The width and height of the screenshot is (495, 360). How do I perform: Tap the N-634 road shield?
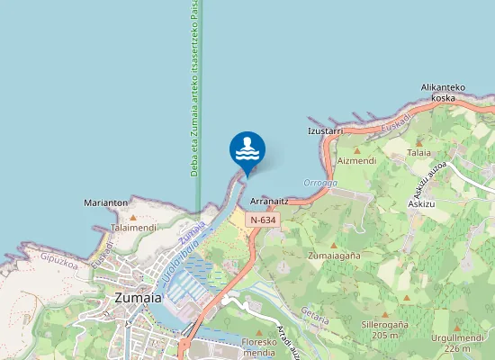(x=263, y=220)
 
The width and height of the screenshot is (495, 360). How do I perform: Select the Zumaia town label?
(x=138, y=297)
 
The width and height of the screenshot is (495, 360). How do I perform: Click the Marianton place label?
(x=105, y=203)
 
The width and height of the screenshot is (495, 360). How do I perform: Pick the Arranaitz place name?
(x=268, y=202)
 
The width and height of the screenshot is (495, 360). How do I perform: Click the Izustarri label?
(x=326, y=130)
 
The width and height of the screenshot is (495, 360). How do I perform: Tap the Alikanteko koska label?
(x=443, y=93)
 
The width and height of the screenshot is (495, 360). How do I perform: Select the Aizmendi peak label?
(x=356, y=160)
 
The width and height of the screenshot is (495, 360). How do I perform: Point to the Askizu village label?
(x=421, y=204)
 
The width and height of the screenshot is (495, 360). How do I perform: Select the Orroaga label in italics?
(x=319, y=183)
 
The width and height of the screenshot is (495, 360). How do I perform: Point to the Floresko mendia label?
(x=259, y=347)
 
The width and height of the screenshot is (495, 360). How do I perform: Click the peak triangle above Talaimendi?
(x=133, y=218)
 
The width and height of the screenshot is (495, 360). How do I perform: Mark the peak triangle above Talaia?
(x=418, y=142)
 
